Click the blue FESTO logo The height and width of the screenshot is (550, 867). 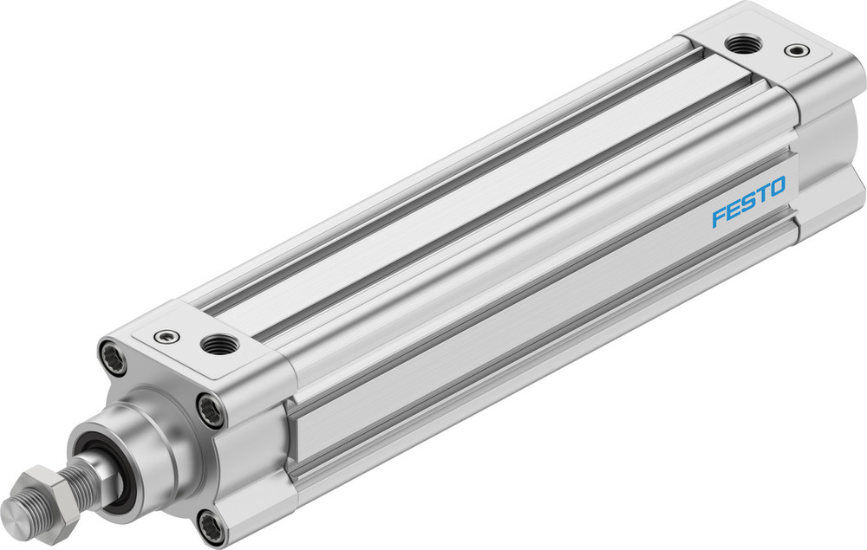coord(748,200)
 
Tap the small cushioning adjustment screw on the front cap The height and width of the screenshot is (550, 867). coord(162,336)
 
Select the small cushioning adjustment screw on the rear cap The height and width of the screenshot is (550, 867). coord(794,50)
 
